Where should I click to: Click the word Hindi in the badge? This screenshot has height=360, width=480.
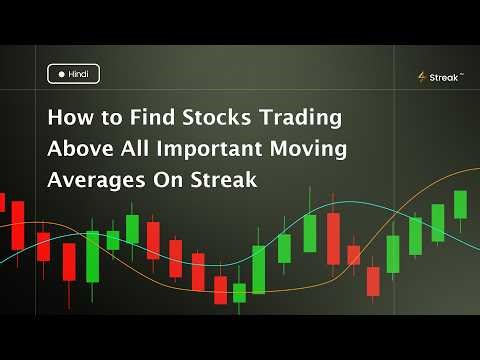click(79, 73)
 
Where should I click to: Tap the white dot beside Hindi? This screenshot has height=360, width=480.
click(61, 73)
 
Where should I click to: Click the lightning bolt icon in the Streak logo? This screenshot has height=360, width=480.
click(422, 77)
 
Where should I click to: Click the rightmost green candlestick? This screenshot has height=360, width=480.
click(460, 204)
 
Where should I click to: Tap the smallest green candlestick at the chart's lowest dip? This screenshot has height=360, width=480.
click(239, 292)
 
